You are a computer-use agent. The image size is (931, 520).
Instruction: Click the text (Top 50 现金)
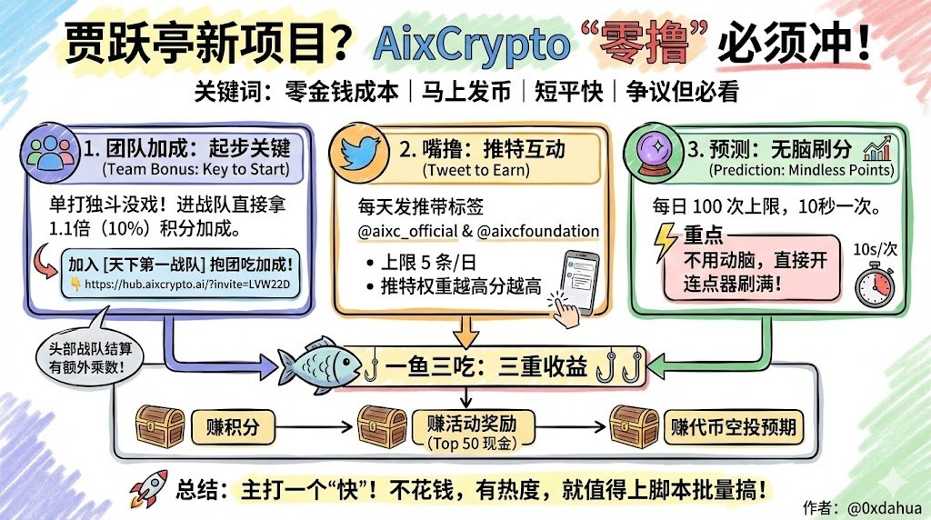pyautogui.click(x=468, y=444)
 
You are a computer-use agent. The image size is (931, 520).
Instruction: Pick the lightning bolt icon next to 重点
pyautogui.click(x=666, y=245)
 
